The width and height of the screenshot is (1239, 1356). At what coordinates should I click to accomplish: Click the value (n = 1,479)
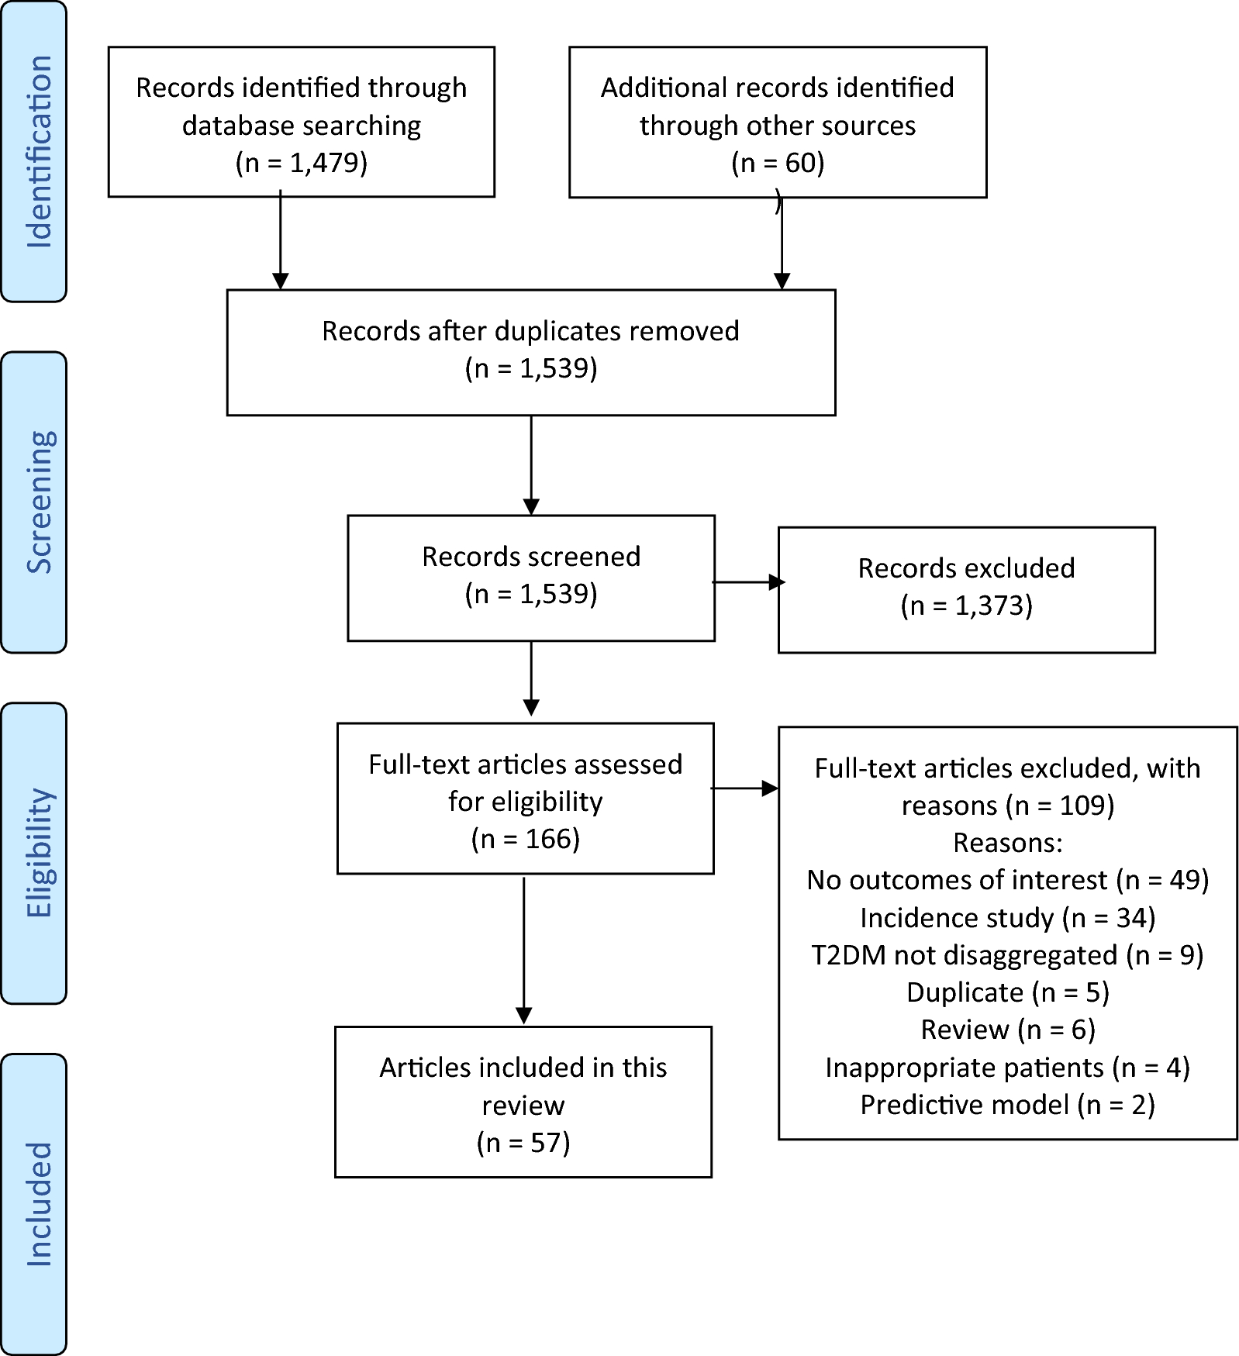(301, 163)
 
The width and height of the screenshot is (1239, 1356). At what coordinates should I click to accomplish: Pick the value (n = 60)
(777, 163)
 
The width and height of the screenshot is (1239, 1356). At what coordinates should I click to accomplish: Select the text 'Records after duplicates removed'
(530, 331)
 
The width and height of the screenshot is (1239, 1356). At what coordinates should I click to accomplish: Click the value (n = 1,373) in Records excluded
(966, 606)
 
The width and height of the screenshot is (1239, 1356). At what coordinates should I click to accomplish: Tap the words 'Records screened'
(530, 557)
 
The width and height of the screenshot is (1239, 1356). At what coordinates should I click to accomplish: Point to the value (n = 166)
(525, 839)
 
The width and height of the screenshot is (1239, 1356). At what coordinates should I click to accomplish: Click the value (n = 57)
(523, 1143)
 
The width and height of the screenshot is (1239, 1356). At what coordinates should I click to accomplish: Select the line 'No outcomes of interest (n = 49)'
(1007, 880)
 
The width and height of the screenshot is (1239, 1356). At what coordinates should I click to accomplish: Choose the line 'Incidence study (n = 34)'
(1007, 918)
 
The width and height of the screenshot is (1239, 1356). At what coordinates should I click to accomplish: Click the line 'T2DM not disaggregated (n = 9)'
(1007, 955)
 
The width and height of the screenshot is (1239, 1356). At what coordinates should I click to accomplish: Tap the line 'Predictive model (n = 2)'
(1007, 1105)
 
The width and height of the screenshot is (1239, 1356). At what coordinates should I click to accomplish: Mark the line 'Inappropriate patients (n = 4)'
(1007, 1068)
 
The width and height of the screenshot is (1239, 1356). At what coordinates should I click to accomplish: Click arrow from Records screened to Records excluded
(746, 582)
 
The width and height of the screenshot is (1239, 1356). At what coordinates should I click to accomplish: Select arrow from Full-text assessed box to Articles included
(524, 950)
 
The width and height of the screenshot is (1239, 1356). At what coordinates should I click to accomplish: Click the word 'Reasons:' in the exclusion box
(1007, 843)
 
